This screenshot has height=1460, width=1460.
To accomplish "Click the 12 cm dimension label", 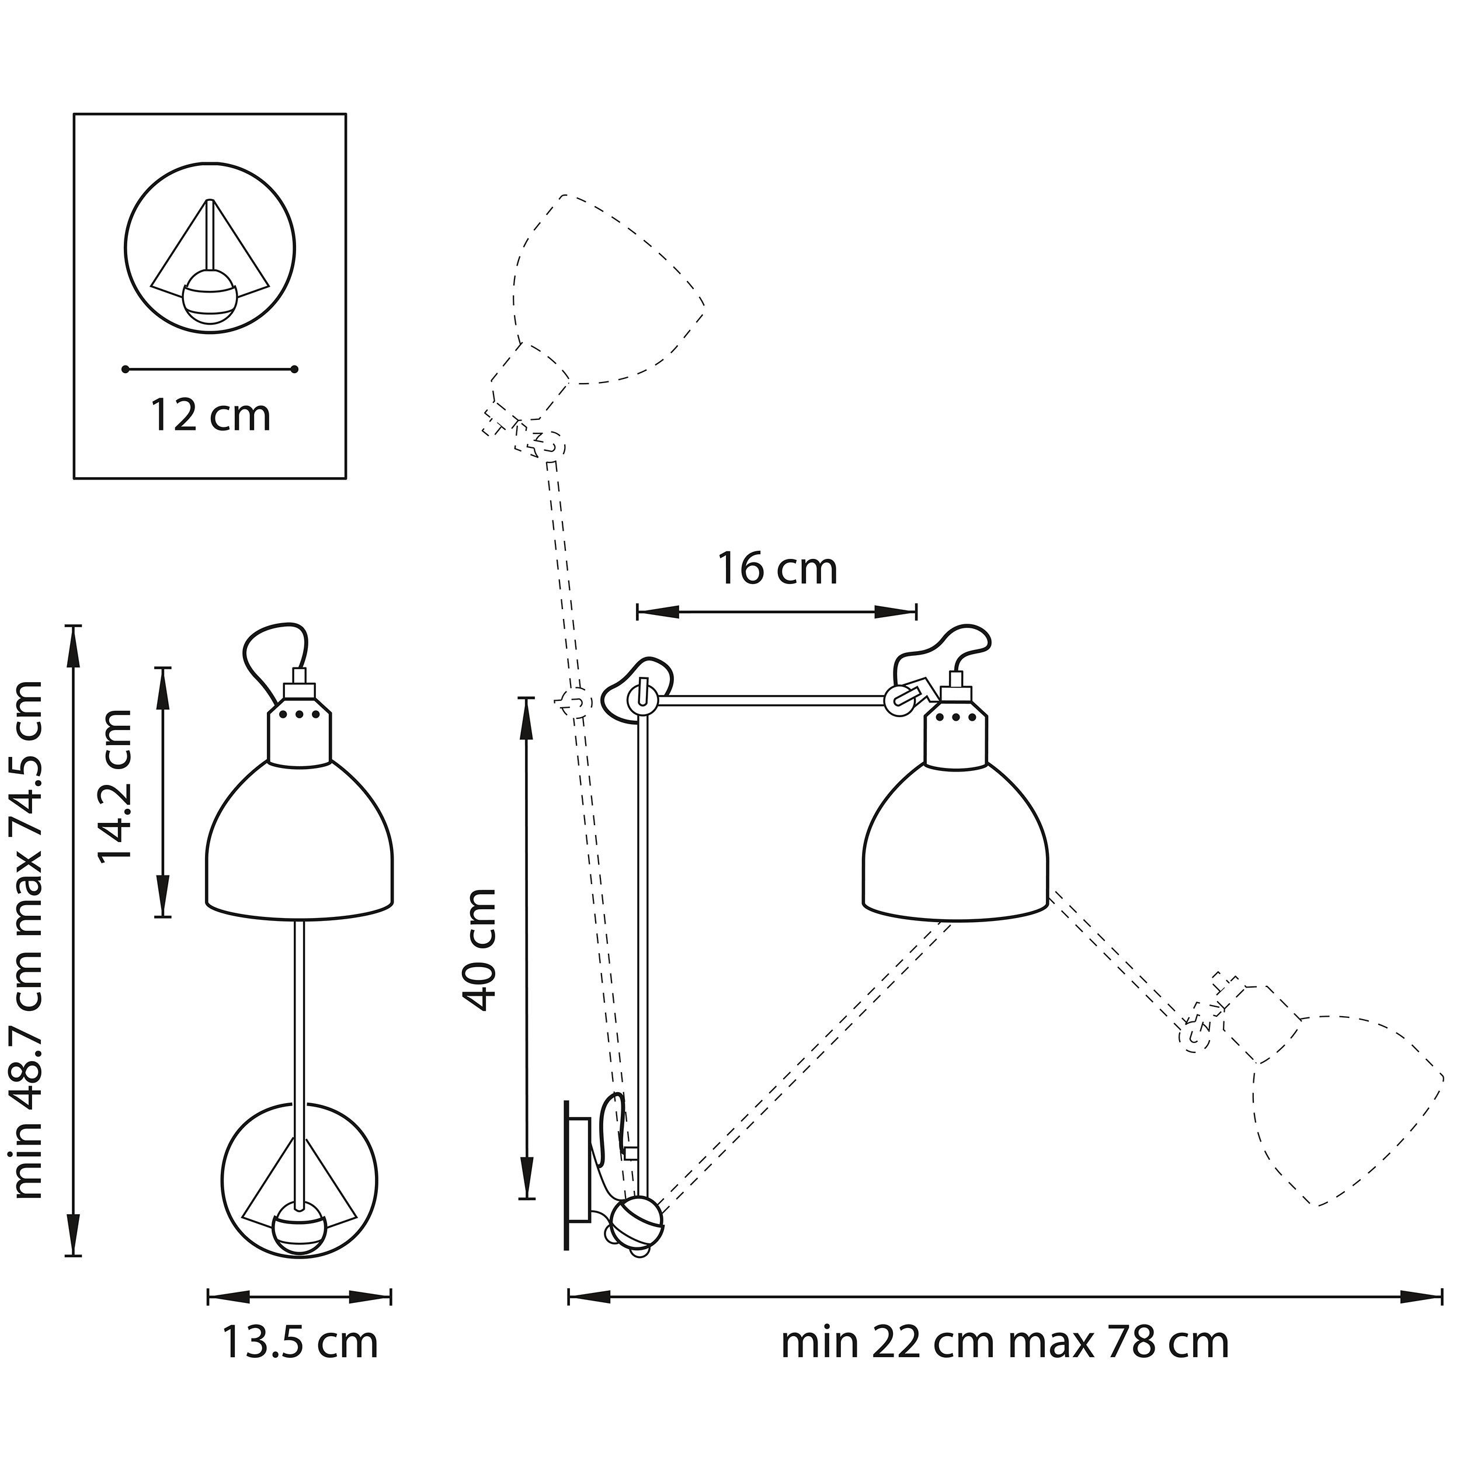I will click(x=210, y=416).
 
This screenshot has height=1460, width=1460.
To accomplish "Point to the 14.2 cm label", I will click(x=116, y=786).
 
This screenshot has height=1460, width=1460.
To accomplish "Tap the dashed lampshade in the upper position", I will click(x=604, y=295).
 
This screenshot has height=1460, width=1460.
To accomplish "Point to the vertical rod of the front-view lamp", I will click(x=300, y=1058).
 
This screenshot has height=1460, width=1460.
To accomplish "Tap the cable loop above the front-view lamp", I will click(x=272, y=658).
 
